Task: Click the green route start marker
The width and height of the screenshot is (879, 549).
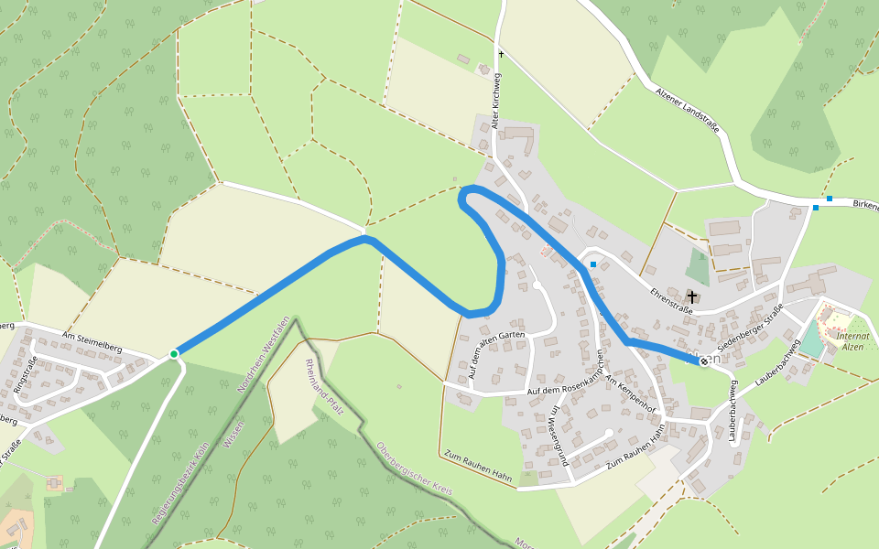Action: click(174, 353)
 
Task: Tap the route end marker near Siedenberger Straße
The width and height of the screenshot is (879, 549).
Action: click(703, 362)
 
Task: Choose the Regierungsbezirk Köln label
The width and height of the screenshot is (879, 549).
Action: click(181, 483)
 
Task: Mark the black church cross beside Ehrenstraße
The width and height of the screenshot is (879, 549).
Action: click(692, 297)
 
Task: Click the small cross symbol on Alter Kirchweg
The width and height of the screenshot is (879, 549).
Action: click(501, 54)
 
